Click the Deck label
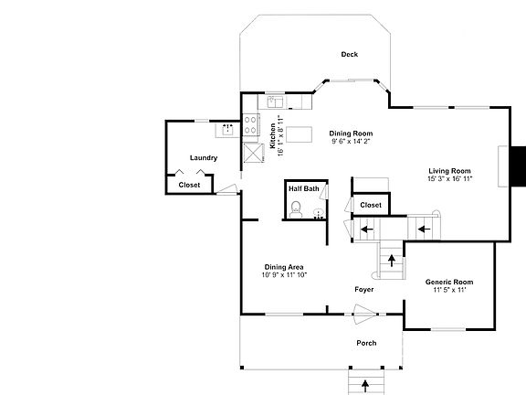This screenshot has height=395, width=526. coord(349,55)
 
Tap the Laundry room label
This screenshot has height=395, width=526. coord(204,158)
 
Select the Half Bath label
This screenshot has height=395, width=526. coord(304,188)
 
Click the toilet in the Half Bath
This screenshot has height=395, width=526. coord(296,209)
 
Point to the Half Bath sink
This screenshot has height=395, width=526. coord(319,214)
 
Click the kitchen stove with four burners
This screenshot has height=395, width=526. coord(250,124)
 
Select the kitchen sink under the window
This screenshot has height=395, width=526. coord(275,101)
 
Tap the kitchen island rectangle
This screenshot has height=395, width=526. coord(299,134)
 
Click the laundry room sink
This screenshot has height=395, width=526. coord(227,129)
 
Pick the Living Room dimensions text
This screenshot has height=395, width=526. coord(449,178)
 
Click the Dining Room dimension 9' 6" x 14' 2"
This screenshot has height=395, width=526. coord(351,142)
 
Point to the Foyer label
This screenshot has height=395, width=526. coord(364,290)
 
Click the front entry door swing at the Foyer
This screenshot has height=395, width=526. coord(365,315)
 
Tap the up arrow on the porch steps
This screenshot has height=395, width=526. coord(365,386)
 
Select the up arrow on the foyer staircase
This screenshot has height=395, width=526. coord(392,261)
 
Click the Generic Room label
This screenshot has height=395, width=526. coord(449,283)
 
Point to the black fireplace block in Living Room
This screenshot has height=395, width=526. coord(519,165)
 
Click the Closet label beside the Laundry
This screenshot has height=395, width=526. coord(189,185)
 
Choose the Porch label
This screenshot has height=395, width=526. coord(366,343)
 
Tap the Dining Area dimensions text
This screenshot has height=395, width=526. coord(285,275)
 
